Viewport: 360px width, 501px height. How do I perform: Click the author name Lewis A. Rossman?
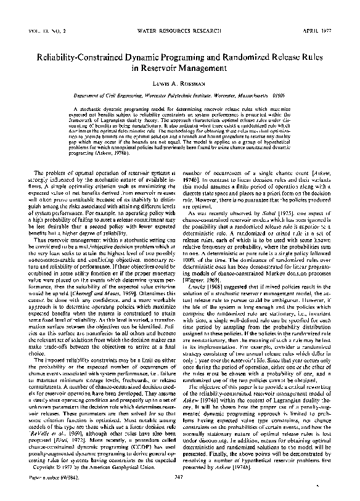tap(179, 84)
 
